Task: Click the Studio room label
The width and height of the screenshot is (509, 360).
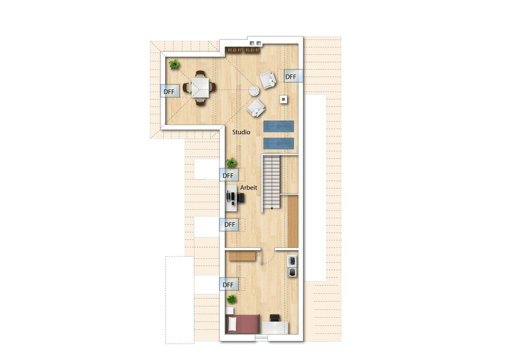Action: click(241, 132)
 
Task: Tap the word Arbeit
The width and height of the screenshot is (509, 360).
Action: click(249, 188)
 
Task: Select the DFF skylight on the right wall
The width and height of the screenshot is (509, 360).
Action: click(293, 76)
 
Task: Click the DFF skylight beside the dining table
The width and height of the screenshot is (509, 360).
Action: click(169, 91)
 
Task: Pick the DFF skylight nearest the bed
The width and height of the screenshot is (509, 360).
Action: click(229, 284)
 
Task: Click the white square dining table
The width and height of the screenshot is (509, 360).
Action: click(200, 87)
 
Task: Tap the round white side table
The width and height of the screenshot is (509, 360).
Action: click(254, 91)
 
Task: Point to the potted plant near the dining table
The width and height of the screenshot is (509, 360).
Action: click(174, 65)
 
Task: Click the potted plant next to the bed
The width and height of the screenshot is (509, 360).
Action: click(232, 299)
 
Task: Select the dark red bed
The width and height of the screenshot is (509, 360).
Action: click(243, 324)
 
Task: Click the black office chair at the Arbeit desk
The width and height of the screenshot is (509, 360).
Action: click(241, 198)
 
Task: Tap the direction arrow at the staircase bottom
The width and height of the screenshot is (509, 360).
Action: click(272, 208)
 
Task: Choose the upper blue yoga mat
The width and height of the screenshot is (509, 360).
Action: click(279, 126)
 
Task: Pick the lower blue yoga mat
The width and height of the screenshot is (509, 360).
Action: click(279, 143)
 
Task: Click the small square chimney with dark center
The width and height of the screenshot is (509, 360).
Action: click(283, 99)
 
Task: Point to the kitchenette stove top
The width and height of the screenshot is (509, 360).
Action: click(292, 261)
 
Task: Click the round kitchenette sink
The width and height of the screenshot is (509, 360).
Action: click(292, 272)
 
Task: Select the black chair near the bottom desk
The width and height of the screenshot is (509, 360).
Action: click(275, 318)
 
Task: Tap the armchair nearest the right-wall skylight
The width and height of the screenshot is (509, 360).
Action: click(268, 80)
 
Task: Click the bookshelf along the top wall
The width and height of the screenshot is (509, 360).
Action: click(242, 50)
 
